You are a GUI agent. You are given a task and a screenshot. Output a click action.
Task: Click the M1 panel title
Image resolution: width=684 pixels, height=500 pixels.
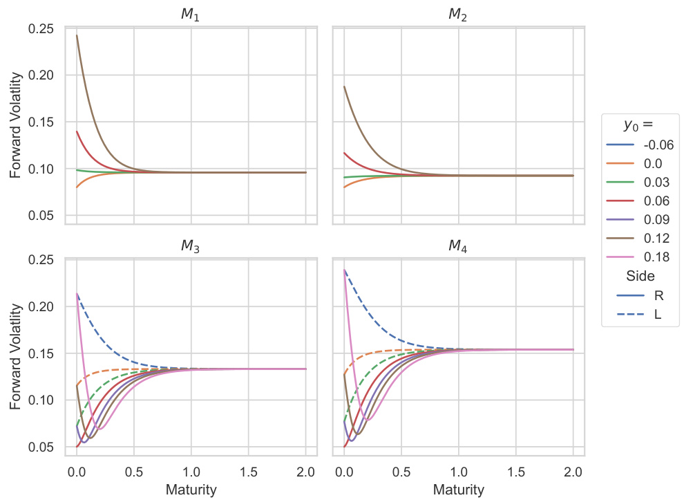pos(190,15)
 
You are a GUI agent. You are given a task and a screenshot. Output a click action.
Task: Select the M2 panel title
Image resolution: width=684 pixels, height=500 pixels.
pos(458,15)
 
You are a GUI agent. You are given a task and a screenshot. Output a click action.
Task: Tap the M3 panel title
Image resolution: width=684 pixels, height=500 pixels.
pos(190,247)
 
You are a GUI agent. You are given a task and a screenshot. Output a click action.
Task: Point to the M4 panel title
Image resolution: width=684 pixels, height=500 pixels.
pos(458,247)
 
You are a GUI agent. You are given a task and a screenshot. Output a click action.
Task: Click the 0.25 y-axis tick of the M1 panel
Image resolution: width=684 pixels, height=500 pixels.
pos(42,28)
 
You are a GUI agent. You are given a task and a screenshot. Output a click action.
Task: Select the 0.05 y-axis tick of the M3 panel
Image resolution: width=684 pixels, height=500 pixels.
pos(42,447)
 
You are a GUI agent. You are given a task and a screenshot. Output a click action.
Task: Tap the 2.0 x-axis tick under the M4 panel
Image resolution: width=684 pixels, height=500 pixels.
pos(573,473)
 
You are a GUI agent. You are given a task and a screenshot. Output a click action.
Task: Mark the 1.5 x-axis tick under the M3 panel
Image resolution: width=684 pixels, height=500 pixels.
pos(248,473)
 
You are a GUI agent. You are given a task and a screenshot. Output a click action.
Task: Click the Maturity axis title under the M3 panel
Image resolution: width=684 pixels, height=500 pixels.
pos(191,490)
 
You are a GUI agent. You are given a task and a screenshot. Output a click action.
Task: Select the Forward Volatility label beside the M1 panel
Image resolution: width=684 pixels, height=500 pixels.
pos(16,122)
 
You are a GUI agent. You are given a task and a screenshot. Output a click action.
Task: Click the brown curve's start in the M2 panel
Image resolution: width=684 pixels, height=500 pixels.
pos(344,86)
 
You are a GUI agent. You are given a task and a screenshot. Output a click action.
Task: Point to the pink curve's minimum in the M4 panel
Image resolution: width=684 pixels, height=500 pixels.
pos(368,420)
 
